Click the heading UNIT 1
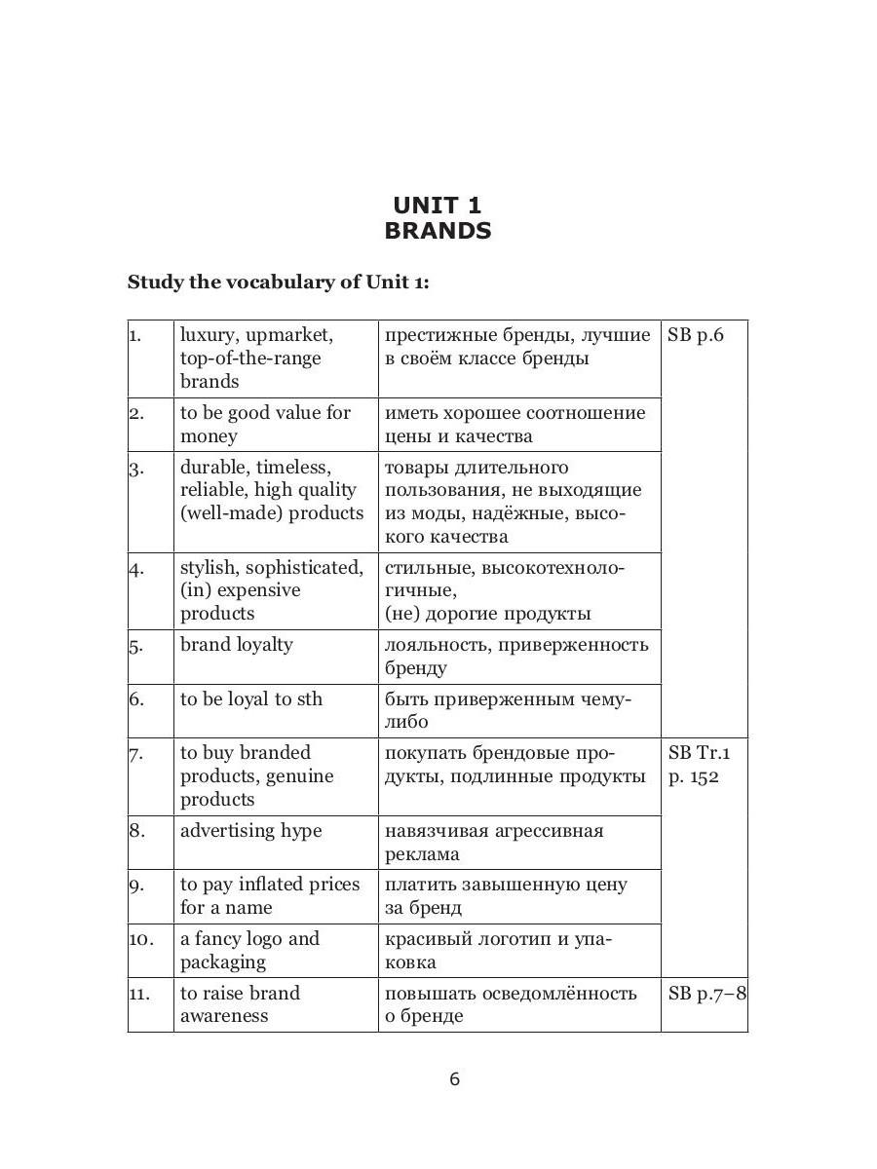[x=438, y=205]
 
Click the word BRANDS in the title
[x=438, y=231]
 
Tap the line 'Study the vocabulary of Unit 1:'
[x=278, y=283]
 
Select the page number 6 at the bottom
[x=454, y=1078]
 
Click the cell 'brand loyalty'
[x=236, y=645]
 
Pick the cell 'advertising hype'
[x=250, y=831]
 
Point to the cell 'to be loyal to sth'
[x=250, y=699]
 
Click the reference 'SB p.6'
[x=697, y=335]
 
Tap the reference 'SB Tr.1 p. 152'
[x=699, y=765]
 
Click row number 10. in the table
[x=141, y=939]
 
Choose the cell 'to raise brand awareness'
[x=240, y=1004]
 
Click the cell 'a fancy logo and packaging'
[x=249, y=951]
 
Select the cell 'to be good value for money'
[x=265, y=425]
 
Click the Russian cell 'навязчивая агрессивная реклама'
[x=494, y=843]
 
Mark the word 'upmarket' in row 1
[x=289, y=335]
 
